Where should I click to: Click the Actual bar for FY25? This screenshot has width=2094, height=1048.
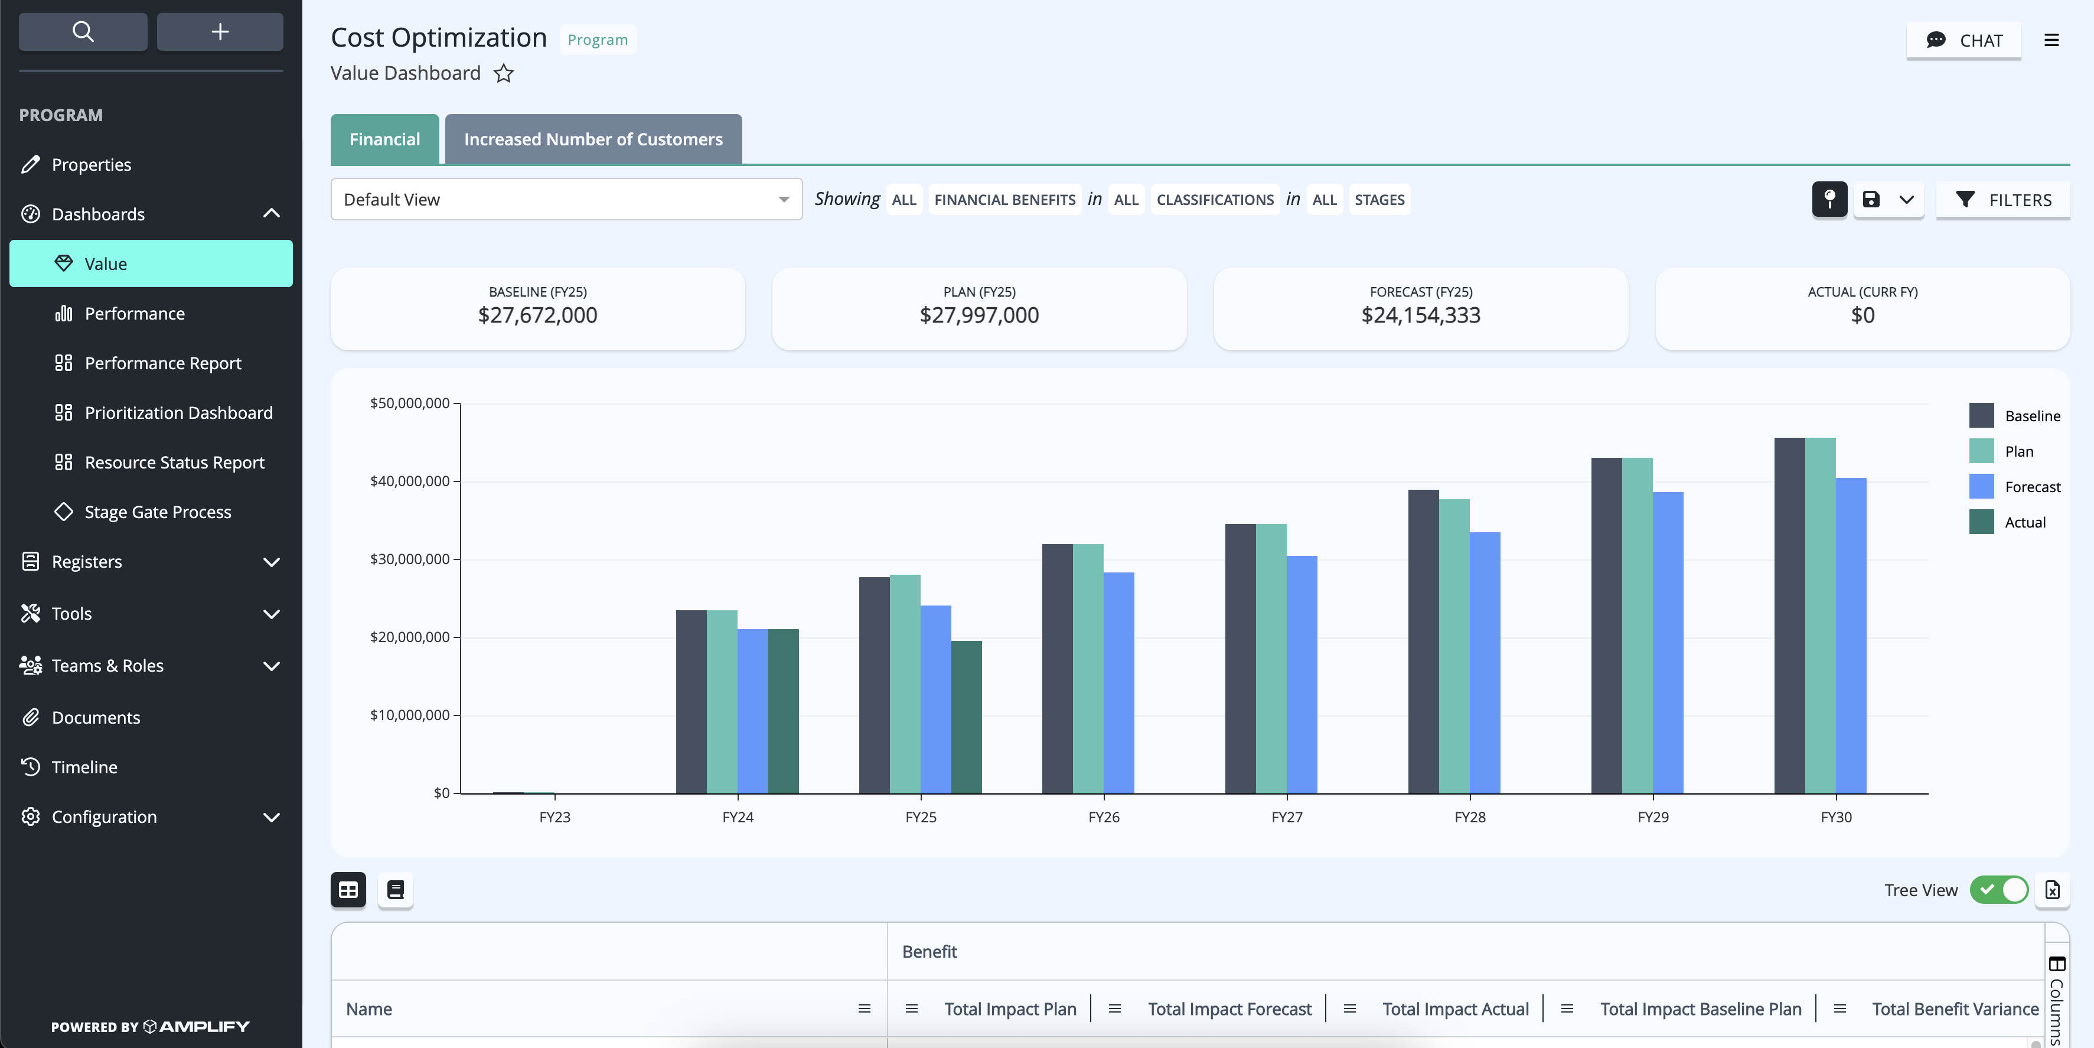[x=967, y=717]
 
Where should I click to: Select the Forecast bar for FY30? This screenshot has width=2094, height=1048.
[x=1851, y=636]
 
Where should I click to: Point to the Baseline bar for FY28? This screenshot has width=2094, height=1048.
[x=1423, y=642]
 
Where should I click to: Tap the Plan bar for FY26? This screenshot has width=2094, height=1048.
[x=1088, y=668]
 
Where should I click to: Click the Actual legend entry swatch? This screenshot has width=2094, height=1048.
[x=1981, y=522]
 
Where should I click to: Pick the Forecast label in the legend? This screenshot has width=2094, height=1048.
[x=2032, y=487]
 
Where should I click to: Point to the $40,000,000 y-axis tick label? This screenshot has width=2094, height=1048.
[x=410, y=481]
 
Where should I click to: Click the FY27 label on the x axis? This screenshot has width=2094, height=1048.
[x=1287, y=817]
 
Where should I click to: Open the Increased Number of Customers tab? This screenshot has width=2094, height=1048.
[x=593, y=139]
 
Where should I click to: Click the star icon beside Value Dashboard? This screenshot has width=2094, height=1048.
[x=504, y=74]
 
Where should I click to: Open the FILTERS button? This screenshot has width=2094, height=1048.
[x=2003, y=200]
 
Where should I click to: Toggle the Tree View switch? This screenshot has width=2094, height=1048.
[x=1999, y=890]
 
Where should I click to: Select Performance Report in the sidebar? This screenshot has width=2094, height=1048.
[x=162, y=363]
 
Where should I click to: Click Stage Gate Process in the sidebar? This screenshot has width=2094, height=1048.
[x=158, y=512]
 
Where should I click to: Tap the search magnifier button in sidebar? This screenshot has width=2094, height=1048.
[x=83, y=32]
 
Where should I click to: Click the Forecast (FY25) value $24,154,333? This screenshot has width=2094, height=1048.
[x=1421, y=315]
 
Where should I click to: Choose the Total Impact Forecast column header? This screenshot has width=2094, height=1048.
[x=1229, y=1009]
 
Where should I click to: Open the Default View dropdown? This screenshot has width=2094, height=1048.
[x=566, y=199]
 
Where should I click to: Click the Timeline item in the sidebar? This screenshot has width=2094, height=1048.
[x=84, y=767]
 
